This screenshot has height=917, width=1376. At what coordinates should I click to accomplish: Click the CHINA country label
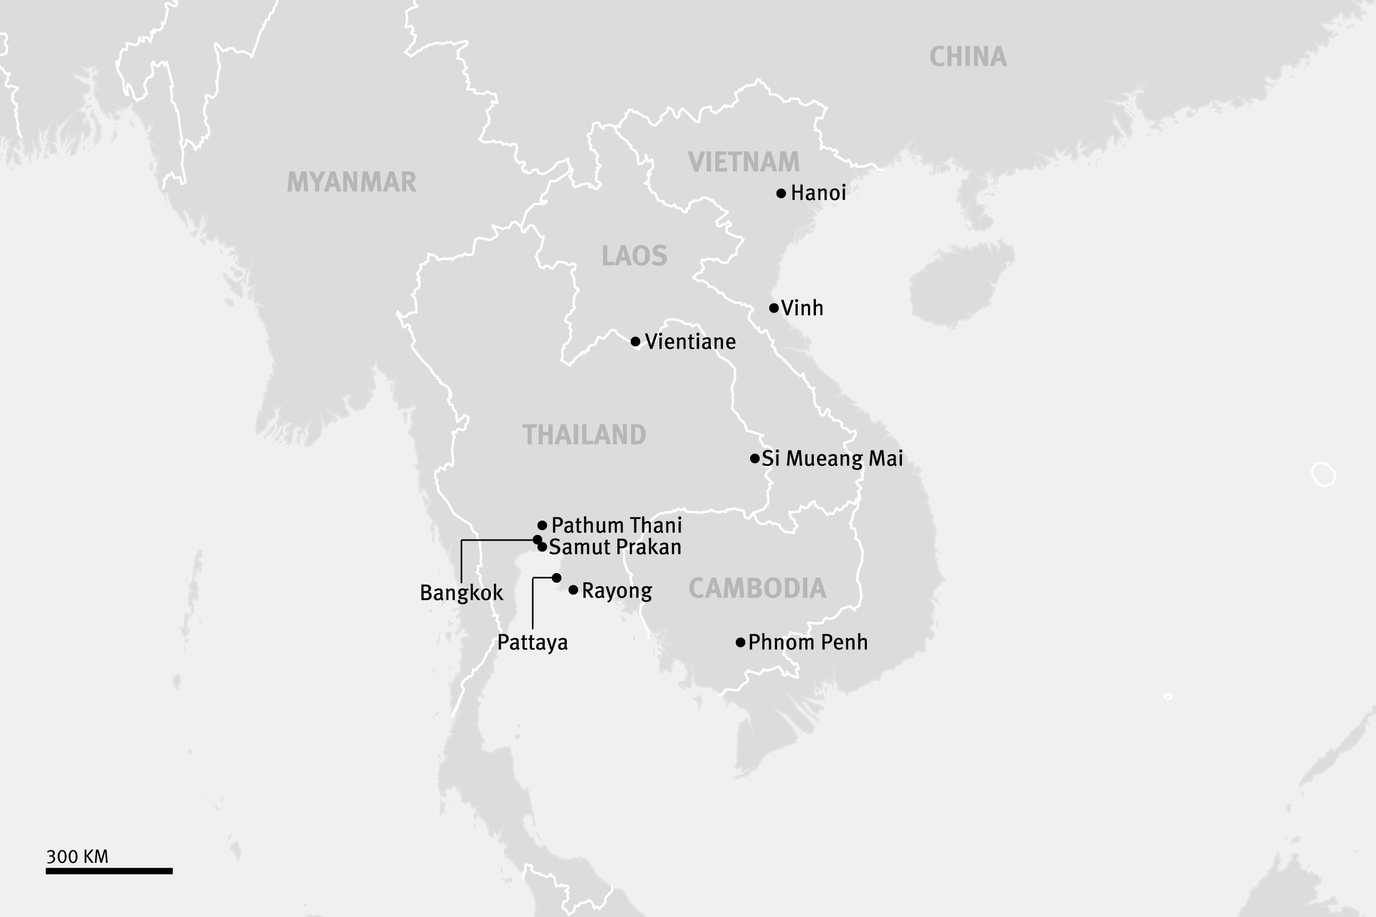pyautogui.click(x=968, y=57)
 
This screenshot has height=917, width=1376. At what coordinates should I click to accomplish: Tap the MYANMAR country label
pyautogui.click(x=351, y=182)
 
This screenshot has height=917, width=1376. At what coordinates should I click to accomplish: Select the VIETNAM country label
pyautogui.click(x=744, y=162)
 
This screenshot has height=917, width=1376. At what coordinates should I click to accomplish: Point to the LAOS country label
pyautogui.click(x=634, y=256)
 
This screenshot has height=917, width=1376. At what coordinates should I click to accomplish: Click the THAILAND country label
pyautogui.click(x=584, y=435)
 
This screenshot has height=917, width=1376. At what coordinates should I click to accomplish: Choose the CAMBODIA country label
pyautogui.click(x=757, y=588)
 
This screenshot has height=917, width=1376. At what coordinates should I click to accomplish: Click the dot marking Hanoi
pyautogui.click(x=781, y=194)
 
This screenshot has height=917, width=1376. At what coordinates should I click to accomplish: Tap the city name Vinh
pyautogui.click(x=802, y=308)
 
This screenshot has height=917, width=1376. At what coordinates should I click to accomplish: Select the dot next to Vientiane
pyautogui.click(x=635, y=342)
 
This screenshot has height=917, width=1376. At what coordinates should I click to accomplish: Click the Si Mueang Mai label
pyautogui.click(x=832, y=458)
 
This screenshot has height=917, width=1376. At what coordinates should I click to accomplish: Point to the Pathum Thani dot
pyautogui.click(x=543, y=525)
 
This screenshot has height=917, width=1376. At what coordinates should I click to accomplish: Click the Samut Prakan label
pyautogui.click(x=615, y=547)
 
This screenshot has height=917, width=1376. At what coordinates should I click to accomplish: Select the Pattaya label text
pyautogui.click(x=532, y=643)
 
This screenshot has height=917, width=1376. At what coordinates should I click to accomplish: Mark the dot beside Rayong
pyautogui.click(x=573, y=590)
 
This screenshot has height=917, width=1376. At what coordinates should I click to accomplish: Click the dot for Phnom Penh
pyautogui.click(x=740, y=643)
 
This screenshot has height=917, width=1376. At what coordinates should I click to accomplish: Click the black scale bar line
pyautogui.click(x=109, y=871)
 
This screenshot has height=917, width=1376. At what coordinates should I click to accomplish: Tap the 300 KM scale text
pyautogui.click(x=77, y=857)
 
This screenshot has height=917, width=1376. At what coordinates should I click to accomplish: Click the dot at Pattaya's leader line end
pyautogui.click(x=556, y=578)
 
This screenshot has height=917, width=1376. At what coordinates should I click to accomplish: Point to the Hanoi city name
pyautogui.click(x=818, y=193)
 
